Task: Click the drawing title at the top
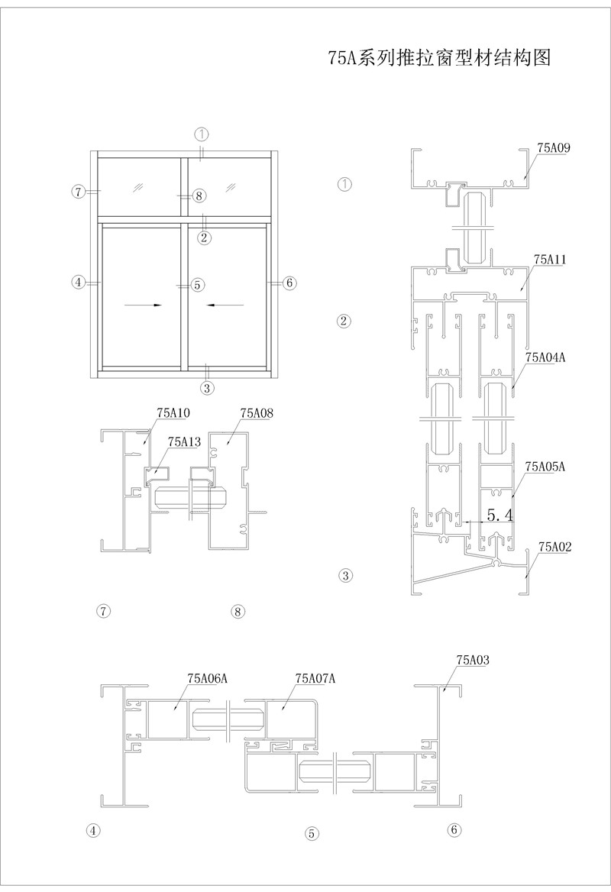pyautogui.click(x=439, y=57)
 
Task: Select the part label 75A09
pyautogui.click(x=554, y=148)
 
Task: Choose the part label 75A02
pyautogui.click(x=555, y=548)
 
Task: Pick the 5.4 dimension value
pyautogui.click(x=500, y=515)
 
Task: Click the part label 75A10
pyautogui.click(x=173, y=413)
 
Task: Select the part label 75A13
pyautogui.click(x=184, y=441)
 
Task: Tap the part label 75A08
pyautogui.click(x=257, y=413)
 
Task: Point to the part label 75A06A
pyautogui.click(x=207, y=678)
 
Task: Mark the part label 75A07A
pyautogui.click(x=315, y=678)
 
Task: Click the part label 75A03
pyautogui.click(x=473, y=661)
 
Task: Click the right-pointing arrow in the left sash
pyautogui.click(x=143, y=305)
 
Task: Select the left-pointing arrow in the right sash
pyautogui.click(x=226, y=305)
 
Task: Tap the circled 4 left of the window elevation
pyautogui.click(x=79, y=282)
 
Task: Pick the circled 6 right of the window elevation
pyautogui.click(x=289, y=282)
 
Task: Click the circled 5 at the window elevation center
pyautogui.click(x=197, y=284)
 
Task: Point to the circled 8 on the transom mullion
pyautogui.click(x=198, y=196)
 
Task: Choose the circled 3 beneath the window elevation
pyautogui.click(x=206, y=388)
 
